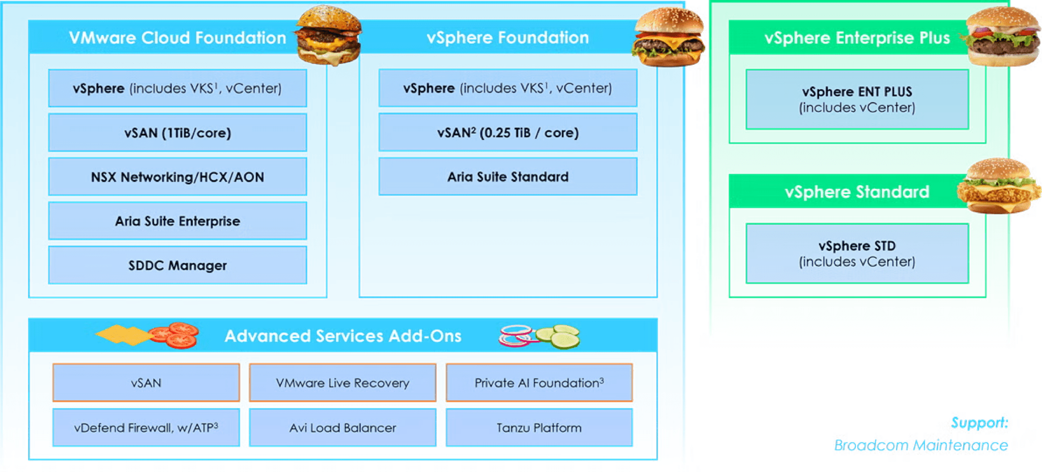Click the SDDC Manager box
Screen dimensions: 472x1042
178,265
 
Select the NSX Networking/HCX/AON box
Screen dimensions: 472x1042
178,177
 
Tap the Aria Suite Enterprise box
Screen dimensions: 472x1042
178,221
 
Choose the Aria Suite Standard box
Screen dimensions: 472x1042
508,177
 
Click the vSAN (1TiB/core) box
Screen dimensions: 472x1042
178,133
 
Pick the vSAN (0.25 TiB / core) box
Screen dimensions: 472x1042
508,133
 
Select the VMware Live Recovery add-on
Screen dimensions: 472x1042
342,383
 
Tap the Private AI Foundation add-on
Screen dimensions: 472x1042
539,383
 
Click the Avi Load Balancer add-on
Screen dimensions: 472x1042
342,428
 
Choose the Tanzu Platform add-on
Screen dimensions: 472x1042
539,428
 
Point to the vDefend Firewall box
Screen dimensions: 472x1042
146,428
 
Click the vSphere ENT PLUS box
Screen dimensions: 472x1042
857,100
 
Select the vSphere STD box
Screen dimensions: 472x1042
857,253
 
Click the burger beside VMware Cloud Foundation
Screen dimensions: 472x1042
329,36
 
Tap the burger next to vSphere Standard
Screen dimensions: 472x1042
998,187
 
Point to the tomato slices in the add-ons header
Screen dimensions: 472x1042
176,335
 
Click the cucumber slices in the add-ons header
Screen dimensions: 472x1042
559,336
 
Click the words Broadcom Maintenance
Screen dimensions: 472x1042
920,446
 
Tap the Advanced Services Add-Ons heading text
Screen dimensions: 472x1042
343,336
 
